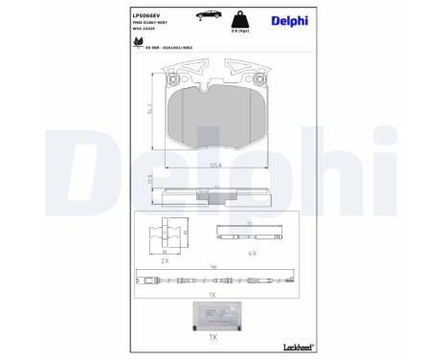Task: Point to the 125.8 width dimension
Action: (x=215, y=164)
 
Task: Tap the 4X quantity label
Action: (x=252, y=252)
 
